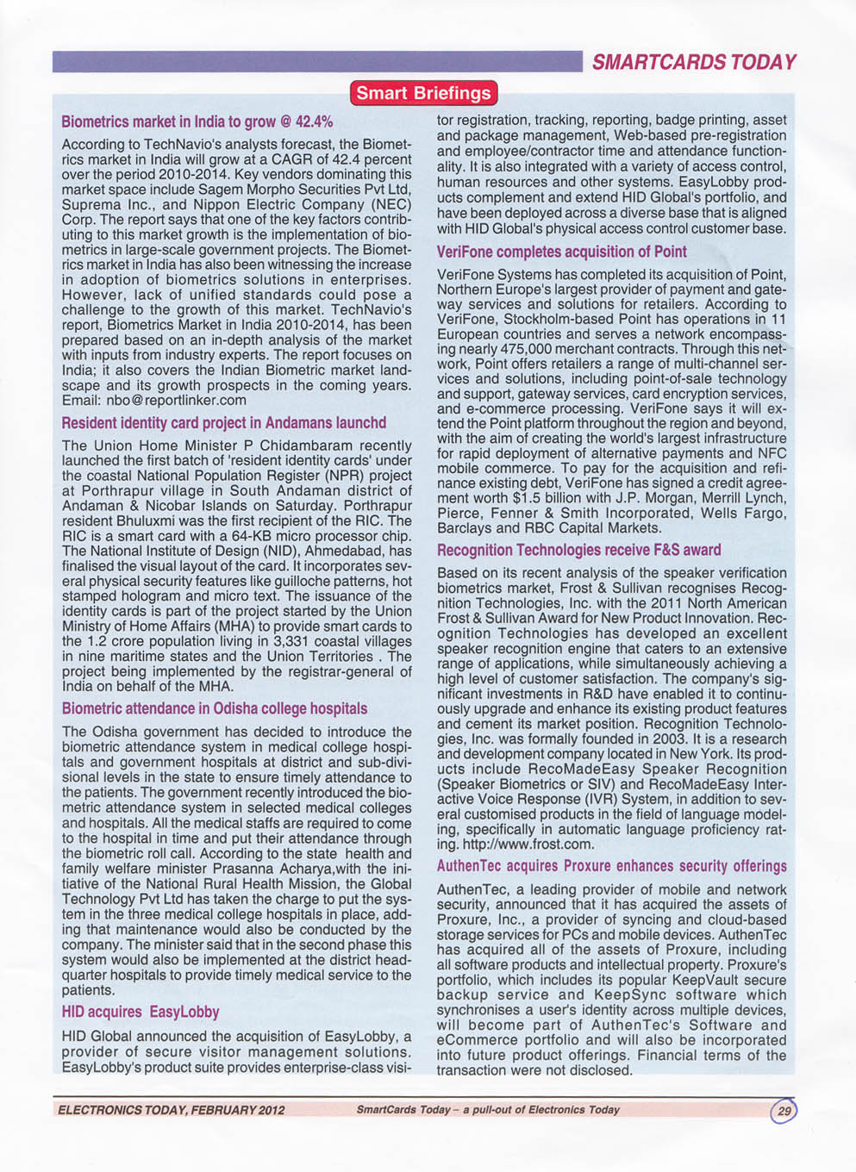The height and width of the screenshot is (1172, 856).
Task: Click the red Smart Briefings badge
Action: pos(423,93)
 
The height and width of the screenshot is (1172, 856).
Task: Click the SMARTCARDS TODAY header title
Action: pos(693,62)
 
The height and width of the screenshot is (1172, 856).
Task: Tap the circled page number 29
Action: pos(784,1110)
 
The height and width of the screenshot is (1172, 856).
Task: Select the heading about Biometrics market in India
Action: pos(197,122)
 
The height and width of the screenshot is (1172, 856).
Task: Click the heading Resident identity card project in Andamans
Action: pos(224,423)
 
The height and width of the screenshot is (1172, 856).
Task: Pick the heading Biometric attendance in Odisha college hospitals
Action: pos(215,708)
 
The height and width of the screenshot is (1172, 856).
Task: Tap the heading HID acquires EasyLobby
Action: pos(141,1012)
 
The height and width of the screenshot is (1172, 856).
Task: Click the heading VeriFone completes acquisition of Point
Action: pos(561,252)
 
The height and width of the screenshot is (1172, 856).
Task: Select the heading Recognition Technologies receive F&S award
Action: pos(578,550)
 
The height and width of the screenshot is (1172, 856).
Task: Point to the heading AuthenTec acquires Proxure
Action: pos(611,866)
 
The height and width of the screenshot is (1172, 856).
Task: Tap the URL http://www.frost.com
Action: pos(527,845)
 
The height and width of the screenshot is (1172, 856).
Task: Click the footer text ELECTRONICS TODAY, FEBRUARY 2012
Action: pos(171,1110)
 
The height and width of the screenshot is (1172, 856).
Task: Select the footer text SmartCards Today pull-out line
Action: pos(488,1110)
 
